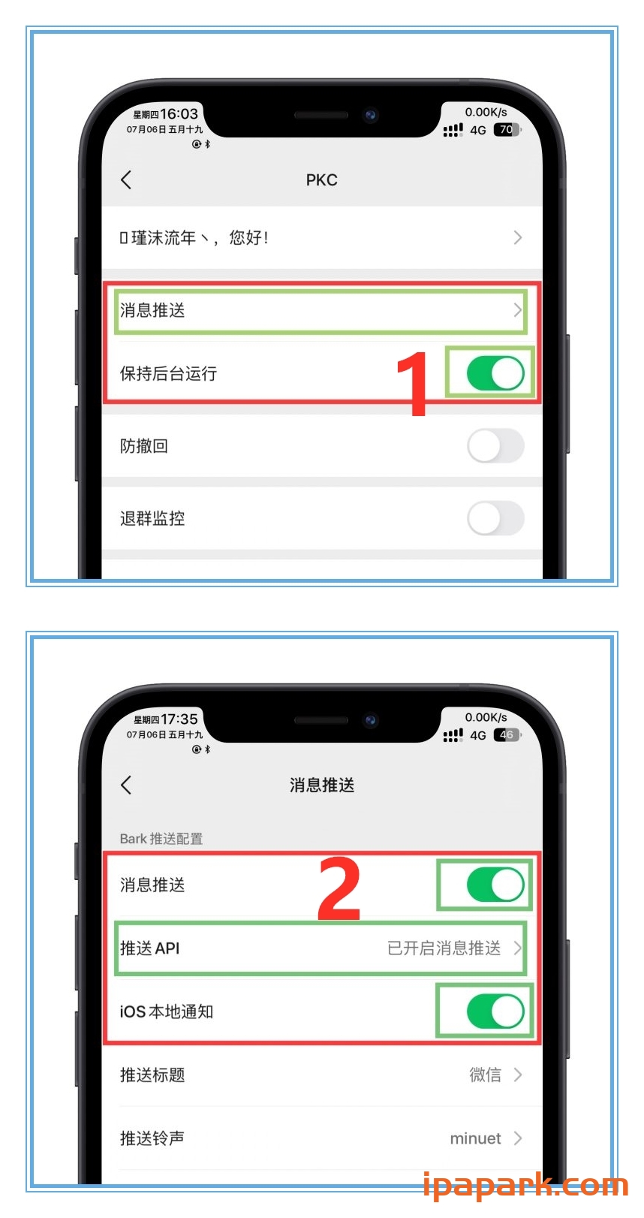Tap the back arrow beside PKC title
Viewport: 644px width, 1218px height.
[x=126, y=179]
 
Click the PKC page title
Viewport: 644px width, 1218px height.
[x=321, y=180]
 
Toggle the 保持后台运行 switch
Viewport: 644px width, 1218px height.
[x=495, y=373]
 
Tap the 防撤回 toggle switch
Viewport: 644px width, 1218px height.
[x=495, y=446]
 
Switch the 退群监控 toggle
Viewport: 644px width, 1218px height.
[x=495, y=518]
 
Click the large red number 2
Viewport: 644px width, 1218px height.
[x=339, y=890]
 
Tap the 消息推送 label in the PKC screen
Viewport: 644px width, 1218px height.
[x=152, y=310]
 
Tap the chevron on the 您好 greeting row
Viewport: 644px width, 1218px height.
[x=517, y=238]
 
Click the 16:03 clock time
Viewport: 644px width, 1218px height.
[x=179, y=114]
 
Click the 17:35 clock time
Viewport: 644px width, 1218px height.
[x=179, y=719]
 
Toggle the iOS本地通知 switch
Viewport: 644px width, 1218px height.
[x=495, y=1011]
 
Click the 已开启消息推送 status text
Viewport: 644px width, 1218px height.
[x=444, y=948]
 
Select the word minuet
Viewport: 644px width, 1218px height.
[x=475, y=1138]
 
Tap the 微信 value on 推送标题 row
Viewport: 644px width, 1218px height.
[x=485, y=1075]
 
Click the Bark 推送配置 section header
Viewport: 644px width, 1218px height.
[x=161, y=839]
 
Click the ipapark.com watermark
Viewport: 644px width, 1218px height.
[x=525, y=1186]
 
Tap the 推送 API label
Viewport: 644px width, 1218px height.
[x=150, y=948]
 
